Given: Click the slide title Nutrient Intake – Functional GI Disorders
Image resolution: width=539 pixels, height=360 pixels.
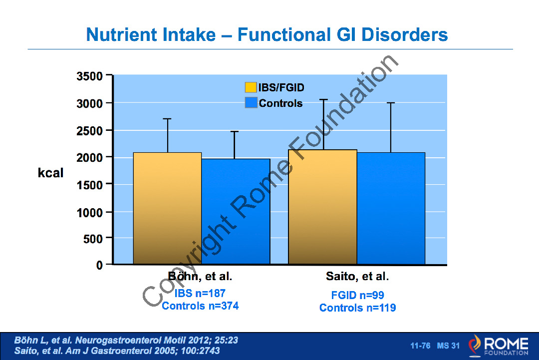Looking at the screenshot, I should click(x=267, y=35).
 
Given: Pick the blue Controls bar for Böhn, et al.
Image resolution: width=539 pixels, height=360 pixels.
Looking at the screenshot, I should click(x=236, y=212).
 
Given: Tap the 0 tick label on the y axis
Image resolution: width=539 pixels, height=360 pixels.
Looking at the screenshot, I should click(x=100, y=265).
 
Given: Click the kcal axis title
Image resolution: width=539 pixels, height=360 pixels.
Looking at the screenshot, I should click(x=51, y=173).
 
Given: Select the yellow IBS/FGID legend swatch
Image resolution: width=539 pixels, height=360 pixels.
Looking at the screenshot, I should click(x=251, y=87).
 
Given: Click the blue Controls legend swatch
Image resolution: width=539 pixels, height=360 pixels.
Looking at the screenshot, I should click(x=251, y=103).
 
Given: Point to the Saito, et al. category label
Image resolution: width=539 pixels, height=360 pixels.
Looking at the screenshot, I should click(x=357, y=276).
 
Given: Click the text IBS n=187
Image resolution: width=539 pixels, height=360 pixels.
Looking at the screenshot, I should click(x=200, y=293).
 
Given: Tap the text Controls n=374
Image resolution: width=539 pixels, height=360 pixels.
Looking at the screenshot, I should click(x=200, y=306).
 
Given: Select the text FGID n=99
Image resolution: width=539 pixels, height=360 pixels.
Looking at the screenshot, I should click(x=357, y=295).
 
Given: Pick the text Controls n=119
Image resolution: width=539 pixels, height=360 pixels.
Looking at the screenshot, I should click(x=357, y=308).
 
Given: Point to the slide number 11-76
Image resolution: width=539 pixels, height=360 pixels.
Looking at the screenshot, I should click(x=420, y=346).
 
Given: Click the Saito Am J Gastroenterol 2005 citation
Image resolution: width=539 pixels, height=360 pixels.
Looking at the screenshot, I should click(x=117, y=351).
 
